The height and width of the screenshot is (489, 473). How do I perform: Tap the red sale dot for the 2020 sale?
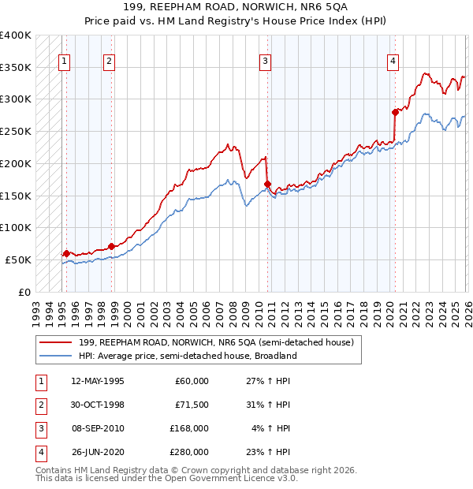tap(395, 112)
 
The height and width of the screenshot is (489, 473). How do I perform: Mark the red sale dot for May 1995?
tap(66, 253)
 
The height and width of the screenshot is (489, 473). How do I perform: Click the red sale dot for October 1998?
tap(111, 245)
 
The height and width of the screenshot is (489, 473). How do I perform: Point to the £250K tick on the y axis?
tap(16, 132)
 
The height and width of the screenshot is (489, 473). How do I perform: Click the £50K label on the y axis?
tap(18, 259)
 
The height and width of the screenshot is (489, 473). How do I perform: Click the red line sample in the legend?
tap(57, 342)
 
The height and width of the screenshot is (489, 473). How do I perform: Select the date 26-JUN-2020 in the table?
tap(97, 452)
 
